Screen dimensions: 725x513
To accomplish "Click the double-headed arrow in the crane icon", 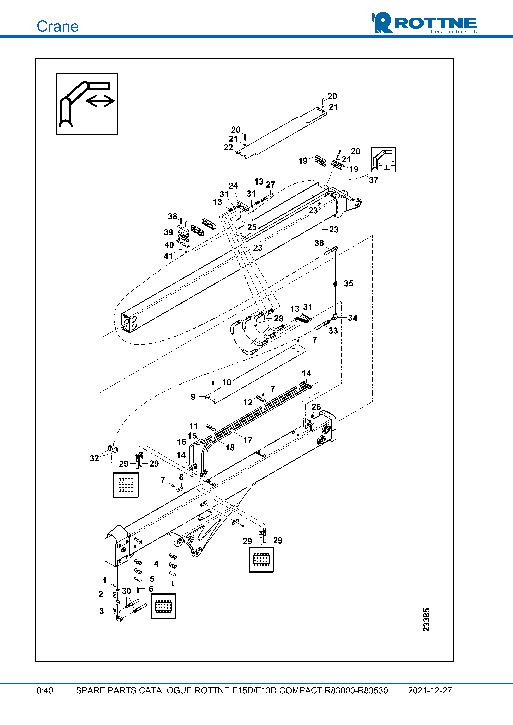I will pyautogui.click(x=100, y=101).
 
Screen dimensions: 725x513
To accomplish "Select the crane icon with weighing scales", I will pyautogui.click(x=383, y=160).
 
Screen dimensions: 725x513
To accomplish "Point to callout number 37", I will pyautogui.click(x=373, y=180).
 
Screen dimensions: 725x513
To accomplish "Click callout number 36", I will pyautogui.click(x=319, y=243).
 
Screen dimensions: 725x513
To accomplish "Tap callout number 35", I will pyautogui.click(x=348, y=283).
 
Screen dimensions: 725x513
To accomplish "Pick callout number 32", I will pyautogui.click(x=94, y=458).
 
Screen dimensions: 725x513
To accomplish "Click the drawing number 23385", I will pyautogui.click(x=426, y=620).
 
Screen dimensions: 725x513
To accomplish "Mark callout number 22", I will pyautogui.click(x=228, y=148).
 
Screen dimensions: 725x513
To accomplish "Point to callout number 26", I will pyautogui.click(x=316, y=407).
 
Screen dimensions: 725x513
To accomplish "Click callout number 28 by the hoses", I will pyautogui.click(x=278, y=318).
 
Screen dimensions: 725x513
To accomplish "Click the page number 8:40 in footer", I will pyautogui.click(x=45, y=690).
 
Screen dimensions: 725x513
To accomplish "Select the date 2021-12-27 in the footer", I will pyautogui.click(x=430, y=690).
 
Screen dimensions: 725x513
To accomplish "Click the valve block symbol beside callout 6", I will pyautogui.click(x=163, y=606).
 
